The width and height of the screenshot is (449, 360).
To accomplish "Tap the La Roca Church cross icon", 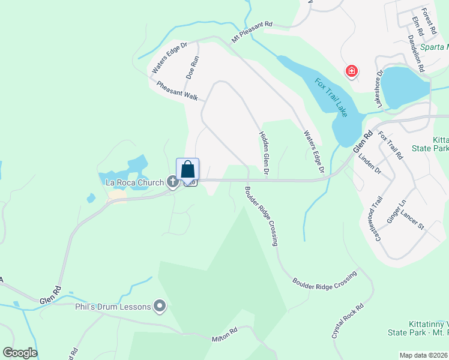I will point(173,182).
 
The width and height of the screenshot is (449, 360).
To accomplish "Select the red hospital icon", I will point(351,72).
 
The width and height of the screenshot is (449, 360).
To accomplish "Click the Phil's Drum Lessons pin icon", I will point(160,307).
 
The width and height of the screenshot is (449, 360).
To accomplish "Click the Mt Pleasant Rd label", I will point(252,32).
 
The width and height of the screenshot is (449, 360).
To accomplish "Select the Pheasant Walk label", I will point(177,91).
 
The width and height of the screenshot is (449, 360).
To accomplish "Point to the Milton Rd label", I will point(224,334).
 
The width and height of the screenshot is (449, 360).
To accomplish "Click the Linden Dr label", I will point(370,162).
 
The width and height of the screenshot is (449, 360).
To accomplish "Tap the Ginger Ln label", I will point(397,212).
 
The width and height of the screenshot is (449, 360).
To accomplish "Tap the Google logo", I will point(20,353).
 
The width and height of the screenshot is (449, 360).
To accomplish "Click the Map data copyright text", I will point(423,355).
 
